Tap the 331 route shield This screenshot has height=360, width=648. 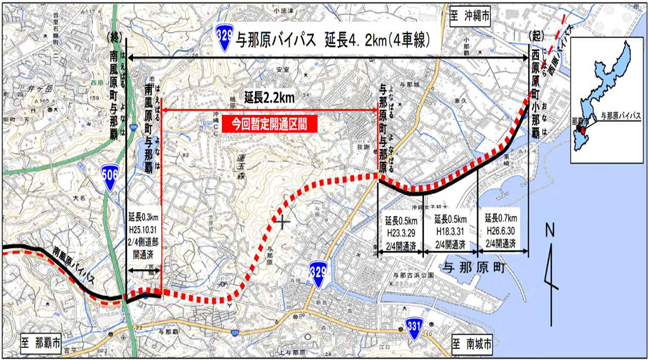413,328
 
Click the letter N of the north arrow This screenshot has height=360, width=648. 550,231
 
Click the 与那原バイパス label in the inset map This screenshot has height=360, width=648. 620,116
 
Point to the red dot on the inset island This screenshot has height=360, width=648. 583,130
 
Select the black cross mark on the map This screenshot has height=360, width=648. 282,221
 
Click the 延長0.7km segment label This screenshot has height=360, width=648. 501,219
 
